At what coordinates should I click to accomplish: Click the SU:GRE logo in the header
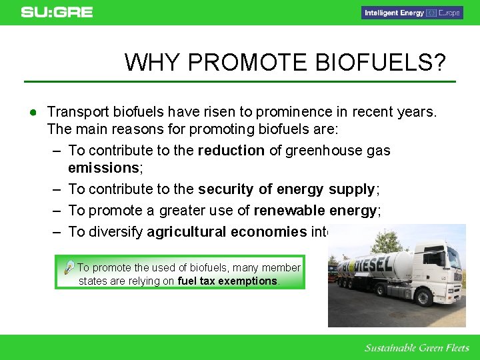(x=57, y=12)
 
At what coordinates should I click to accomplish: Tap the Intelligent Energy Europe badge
(x=411, y=13)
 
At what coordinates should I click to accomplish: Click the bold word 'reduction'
(x=231, y=151)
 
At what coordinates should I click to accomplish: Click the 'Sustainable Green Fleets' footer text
(x=417, y=347)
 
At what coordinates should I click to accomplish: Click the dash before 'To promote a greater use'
(x=57, y=211)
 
